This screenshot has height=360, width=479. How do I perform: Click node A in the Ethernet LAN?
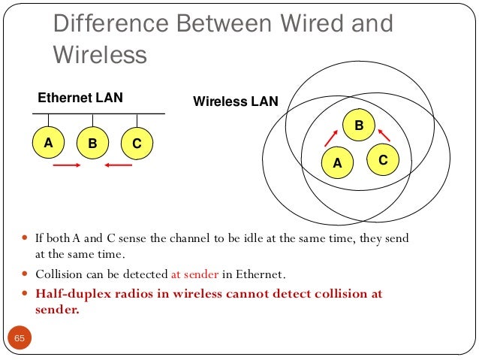click(x=49, y=142)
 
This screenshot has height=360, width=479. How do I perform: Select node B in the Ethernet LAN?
click(x=93, y=143)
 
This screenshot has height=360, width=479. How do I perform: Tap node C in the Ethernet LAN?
click(x=137, y=143)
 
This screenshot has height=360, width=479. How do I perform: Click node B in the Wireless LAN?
click(x=359, y=126)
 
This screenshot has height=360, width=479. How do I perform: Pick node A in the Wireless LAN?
click(x=337, y=162)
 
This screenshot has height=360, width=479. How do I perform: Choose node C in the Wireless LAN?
click(x=383, y=159)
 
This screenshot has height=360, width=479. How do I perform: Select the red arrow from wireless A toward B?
click(x=330, y=136)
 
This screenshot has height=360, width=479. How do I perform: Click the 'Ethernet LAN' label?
click(x=80, y=98)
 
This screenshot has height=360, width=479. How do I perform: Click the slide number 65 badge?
click(x=20, y=339)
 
